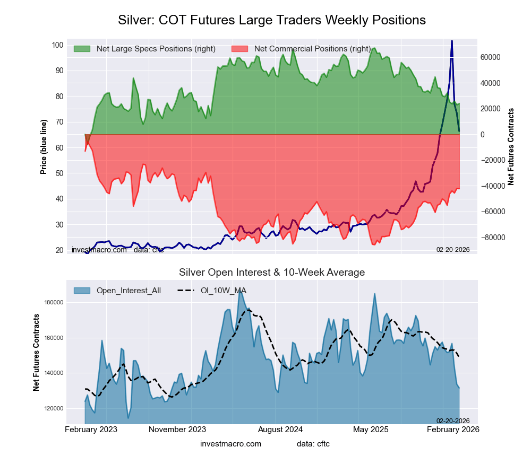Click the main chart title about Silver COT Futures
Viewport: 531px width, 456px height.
click(x=271, y=20)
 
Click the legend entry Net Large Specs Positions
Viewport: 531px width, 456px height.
click(x=156, y=49)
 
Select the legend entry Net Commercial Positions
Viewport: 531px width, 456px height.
click(x=312, y=49)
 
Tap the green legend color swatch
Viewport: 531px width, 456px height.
click(x=82, y=49)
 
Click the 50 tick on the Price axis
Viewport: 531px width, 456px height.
click(x=59, y=173)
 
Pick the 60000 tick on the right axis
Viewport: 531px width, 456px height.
click(x=491, y=57)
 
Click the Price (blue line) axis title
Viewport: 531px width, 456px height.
click(x=44, y=147)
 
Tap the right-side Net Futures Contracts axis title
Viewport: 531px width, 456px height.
click(x=511, y=147)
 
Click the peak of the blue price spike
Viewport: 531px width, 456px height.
click(x=452, y=41)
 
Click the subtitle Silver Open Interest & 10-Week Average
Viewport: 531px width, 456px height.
click(x=271, y=273)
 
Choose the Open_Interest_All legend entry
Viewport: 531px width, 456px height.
click(x=129, y=290)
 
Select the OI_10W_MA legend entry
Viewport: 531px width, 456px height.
click(x=223, y=290)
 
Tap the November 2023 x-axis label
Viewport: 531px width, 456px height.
click(x=177, y=429)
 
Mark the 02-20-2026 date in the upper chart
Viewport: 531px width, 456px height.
click(x=453, y=249)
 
